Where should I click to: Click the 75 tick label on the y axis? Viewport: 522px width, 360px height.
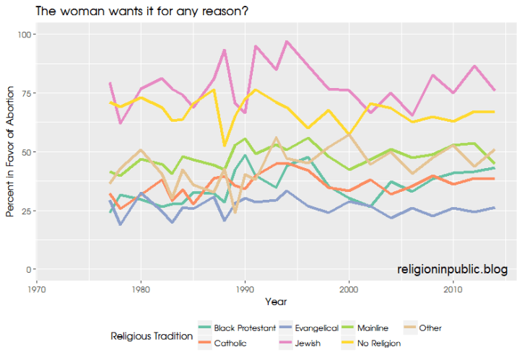point(22,93)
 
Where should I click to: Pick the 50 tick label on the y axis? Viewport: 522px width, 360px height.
point(22,152)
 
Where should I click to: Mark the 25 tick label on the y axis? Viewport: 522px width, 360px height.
point(22,211)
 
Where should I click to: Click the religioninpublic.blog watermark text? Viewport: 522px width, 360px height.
point(452,269)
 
